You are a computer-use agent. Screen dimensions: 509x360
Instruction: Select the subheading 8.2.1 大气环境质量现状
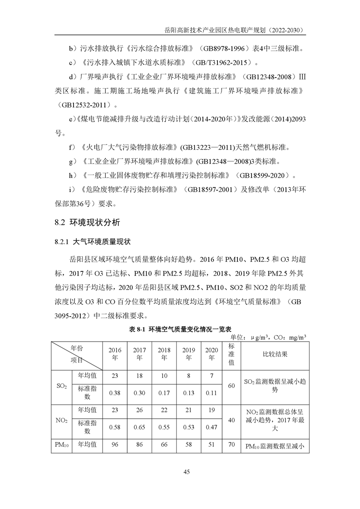[x=93, y=241]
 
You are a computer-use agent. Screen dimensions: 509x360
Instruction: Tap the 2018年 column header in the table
[x=164, y=353]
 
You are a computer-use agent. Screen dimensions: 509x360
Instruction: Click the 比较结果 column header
[x=275, y=353]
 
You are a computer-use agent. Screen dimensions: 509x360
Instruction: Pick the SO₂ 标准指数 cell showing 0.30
[x=139, y=393]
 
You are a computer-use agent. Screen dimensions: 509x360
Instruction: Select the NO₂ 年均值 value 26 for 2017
[x=139, y=410]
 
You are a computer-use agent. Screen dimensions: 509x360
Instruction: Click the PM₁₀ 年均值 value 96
[x=115, y=445]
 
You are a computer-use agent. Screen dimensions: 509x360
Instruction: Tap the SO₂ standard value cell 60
[x=231, y=386]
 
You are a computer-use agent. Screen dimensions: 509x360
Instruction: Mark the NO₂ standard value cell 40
[x=231, y=421]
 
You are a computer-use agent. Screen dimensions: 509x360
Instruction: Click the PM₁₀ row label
[x=62, y=445]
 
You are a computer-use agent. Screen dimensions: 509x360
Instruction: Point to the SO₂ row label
[x=62, y=386]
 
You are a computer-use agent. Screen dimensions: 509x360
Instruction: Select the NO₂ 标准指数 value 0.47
[x=211, y=427]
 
